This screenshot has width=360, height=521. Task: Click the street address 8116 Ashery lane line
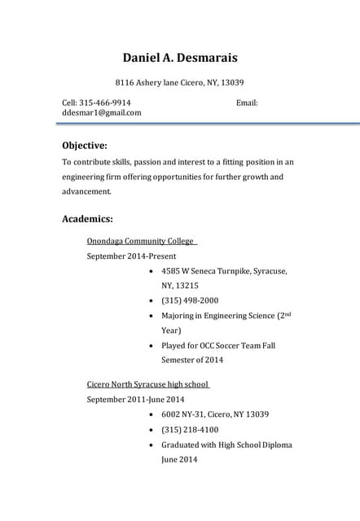point(179,82)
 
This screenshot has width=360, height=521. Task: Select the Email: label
point(247,103)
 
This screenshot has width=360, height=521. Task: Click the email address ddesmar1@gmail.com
point(102,113)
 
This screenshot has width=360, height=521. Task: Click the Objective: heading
point(85,145)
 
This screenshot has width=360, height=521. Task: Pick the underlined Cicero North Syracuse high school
point(147,384)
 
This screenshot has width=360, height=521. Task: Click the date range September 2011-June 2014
point(135,400)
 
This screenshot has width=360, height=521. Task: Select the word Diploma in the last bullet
point(275,444)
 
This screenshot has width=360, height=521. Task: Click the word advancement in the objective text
point(86,191)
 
